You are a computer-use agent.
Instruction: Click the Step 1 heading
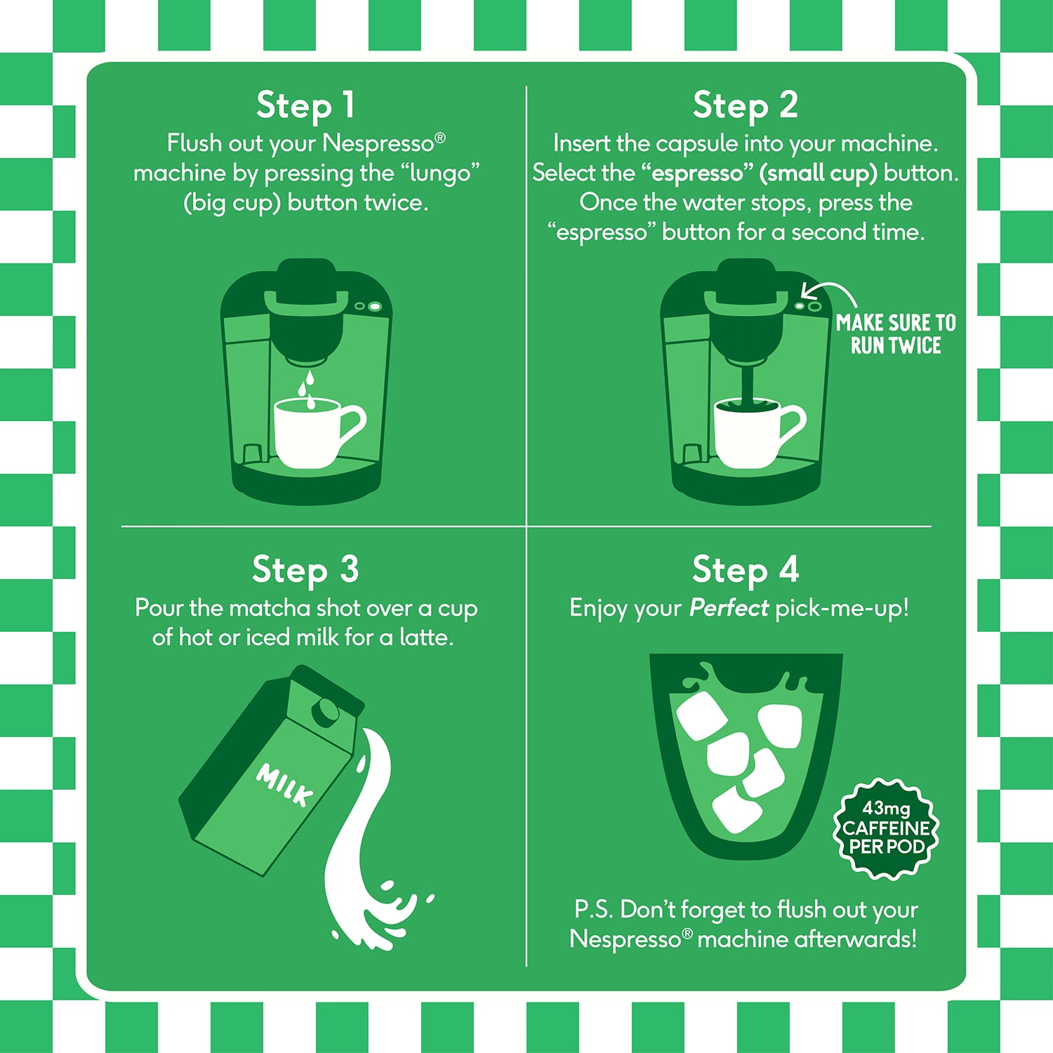point(305,106)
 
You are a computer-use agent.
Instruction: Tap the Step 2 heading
point(746,106)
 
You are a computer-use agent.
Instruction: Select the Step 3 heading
point(305,569)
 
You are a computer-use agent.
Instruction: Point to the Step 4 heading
point(746,569)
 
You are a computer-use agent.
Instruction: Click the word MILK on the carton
point(284,784)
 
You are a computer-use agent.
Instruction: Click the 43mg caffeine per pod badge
point(886,828)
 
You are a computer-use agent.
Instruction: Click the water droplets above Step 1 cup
point(307,390)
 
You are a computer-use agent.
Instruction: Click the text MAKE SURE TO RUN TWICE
point(896,334)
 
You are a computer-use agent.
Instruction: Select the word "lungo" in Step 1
point(440,173)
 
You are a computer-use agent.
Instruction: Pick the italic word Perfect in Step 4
point(729,607)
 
